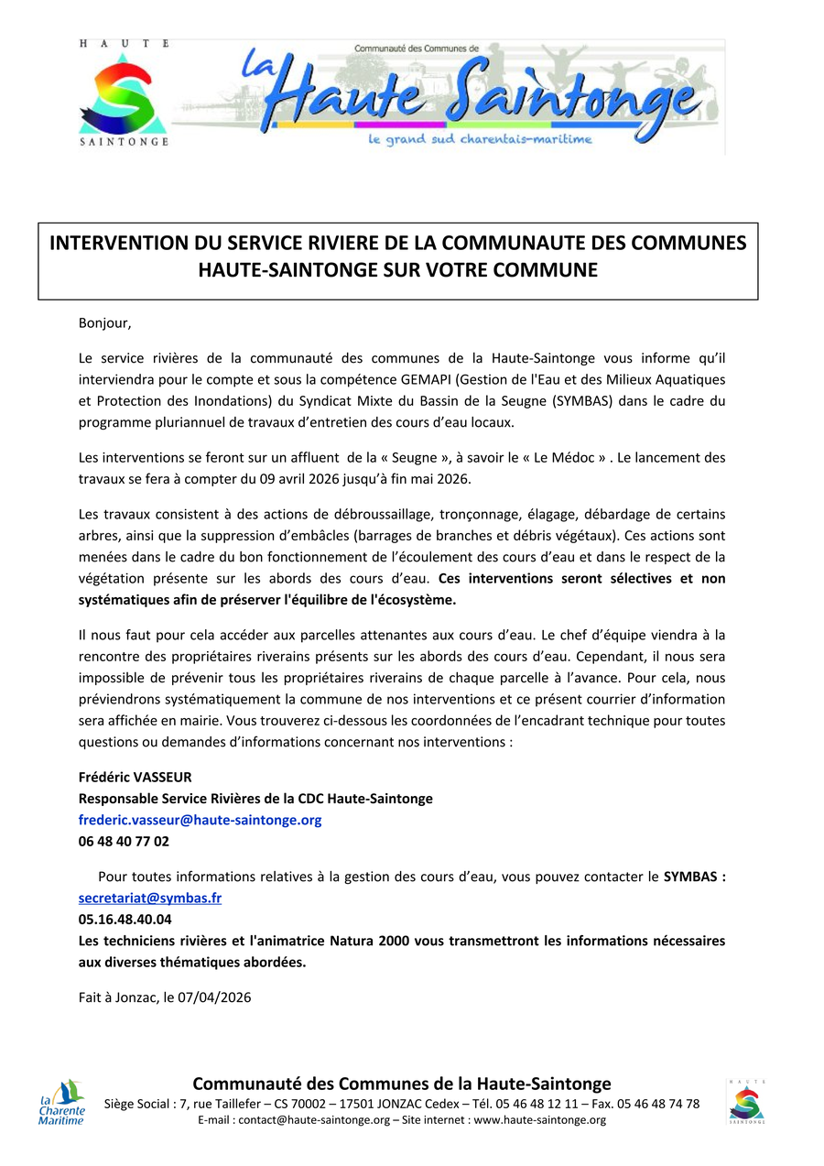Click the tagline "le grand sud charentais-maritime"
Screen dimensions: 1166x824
pyautogui.click(x=480, y=139)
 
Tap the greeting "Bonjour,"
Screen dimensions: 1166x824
pyautogui.click(x=105, y=322)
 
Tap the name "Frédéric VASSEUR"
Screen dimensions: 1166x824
pyautogui.click(x=136, y=777)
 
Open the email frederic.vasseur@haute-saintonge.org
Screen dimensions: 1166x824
pyautogui.click(x=200, y=820)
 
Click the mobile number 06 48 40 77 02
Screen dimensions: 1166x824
pyautogui.click(x=124, y=841)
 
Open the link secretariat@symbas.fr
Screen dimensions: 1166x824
pyautogui.click(x=150, y=898)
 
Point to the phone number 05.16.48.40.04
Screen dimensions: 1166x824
pyautogui.click(x=125, y=919)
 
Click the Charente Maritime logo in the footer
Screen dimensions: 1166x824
pyautogui.click(x=61, y=1102)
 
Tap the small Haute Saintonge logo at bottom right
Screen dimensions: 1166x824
pyautogui.click(x=747, y=1100)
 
